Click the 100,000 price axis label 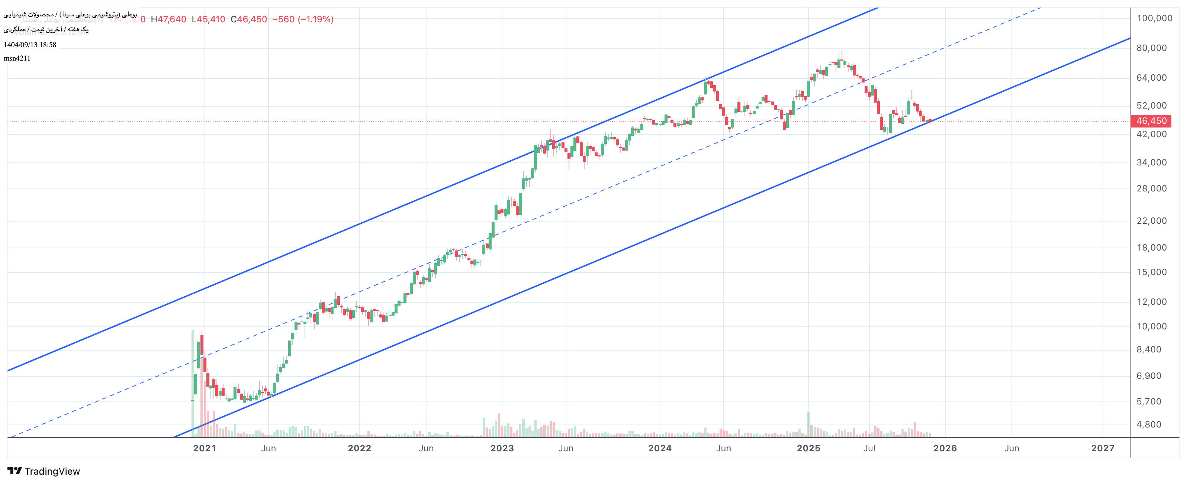point(1154,19)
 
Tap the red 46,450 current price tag point(1151,121)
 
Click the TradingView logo point(44,471)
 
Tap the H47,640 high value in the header point(169,19)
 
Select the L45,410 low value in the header point(208,19)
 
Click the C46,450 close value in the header point(249,19)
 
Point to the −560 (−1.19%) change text point(303,19)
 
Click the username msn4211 point(17,58)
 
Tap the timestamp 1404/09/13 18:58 point(30,45)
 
